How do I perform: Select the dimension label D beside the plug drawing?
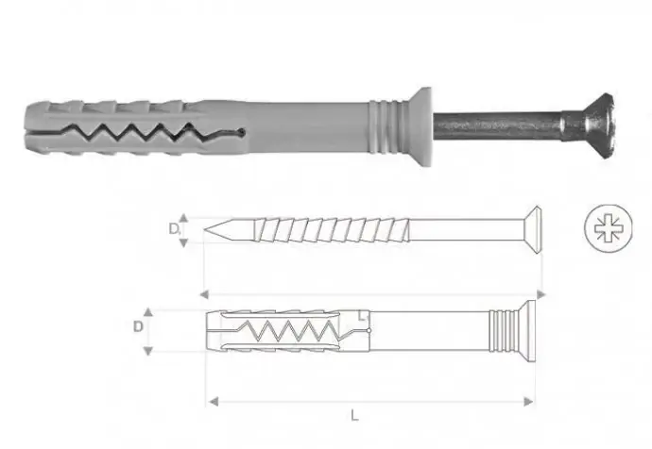pos(138,327)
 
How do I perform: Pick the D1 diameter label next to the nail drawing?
pos(175,228)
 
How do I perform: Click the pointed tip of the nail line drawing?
pos(210,228)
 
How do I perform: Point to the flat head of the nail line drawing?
pos(535,227)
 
